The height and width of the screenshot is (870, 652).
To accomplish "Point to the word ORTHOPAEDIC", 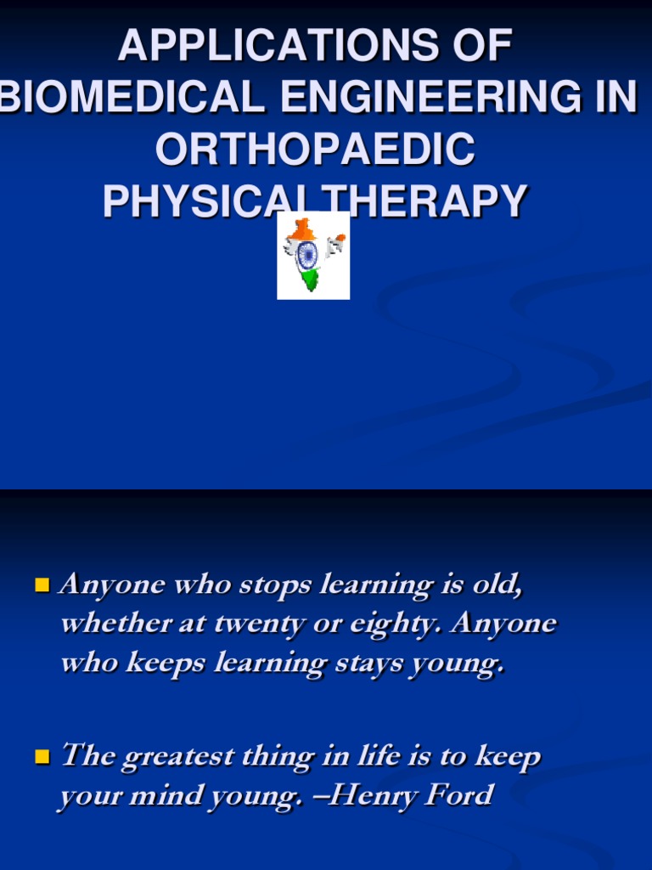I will click(315, 150).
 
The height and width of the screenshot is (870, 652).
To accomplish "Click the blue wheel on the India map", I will click(307, 254).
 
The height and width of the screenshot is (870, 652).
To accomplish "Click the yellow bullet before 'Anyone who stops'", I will click(42, 585).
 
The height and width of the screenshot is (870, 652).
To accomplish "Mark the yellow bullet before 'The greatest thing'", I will click(42, 756).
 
